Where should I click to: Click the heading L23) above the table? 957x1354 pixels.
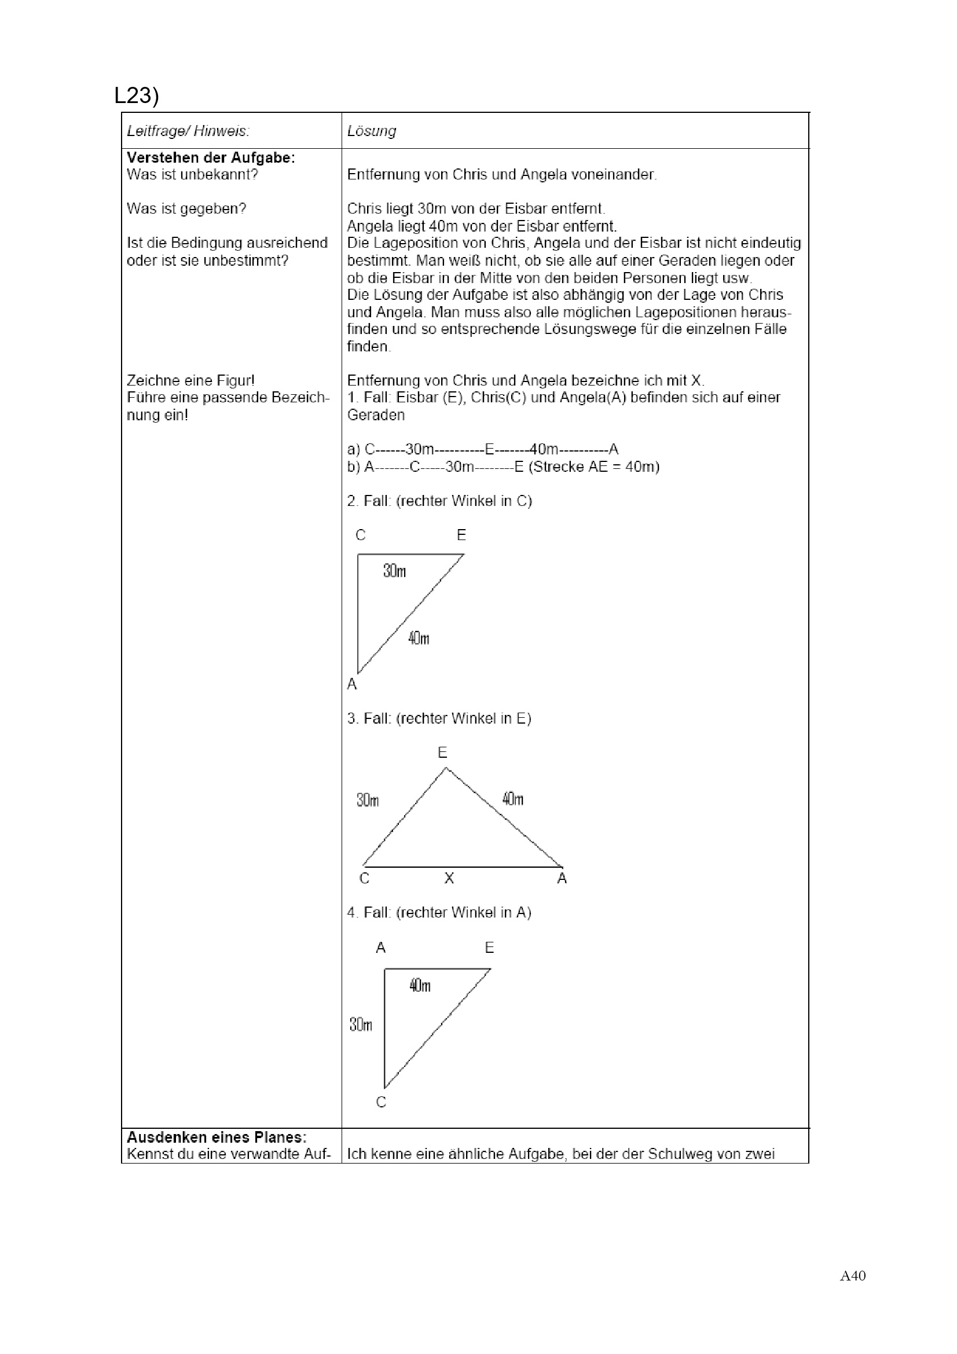pyautogui.click(x=137, y=96)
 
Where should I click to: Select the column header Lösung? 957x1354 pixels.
pyautogui.click(x=372, y=131)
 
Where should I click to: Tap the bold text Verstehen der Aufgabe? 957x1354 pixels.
pyautogui.click(x=211, y=158)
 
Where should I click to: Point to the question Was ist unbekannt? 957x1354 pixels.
pyautogui.click(x=192, y=175)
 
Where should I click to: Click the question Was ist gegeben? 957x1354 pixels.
pyautogui.click(x=186, y=209)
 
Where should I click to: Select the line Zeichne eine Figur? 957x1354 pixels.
pyautogui.click(x=190, y=380)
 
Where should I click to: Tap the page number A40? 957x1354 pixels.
pyautogui.click(x=853, y=1276)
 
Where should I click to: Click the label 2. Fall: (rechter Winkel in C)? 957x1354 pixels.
pyautogui.click(x=439, y=501)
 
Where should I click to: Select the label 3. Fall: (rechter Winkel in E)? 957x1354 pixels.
pyautogui.click(x=439, y=718)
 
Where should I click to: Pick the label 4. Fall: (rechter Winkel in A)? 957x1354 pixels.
pyautogui.click(x=439, y=912)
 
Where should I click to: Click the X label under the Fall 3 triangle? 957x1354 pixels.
pyautogui.click(x=449, y=879)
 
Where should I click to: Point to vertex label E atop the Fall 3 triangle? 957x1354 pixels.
pyautogui.click(x=442, y=753)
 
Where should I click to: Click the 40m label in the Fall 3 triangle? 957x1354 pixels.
pyautogui.click(x=513, y=799)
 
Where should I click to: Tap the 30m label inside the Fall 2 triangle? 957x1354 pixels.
pyautogui.click(x=394, y=571)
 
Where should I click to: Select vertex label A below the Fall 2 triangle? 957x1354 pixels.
pyautogui.click(x=352, y=684)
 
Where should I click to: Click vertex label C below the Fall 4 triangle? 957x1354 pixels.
pyautogui.click(x=381, y=1102)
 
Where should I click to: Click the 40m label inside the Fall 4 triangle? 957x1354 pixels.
pyautogui.click(x=420, y=985)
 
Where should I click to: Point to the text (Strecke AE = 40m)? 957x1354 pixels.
pyautogui.click(x=594, y=467)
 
